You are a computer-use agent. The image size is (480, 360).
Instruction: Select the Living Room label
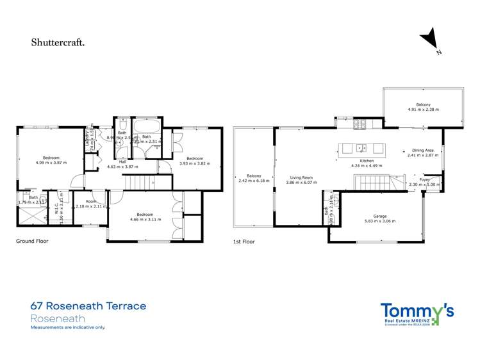pyautogui.click(x=301, y=177)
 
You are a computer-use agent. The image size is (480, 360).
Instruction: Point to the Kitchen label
pyautogui.click(x=366, y=161)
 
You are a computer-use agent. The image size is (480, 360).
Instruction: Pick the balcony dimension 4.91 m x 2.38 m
pyautogui.click(x=423, y=110)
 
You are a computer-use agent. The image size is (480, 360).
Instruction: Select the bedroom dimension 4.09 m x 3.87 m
pyautogui.click(x=51, y=163)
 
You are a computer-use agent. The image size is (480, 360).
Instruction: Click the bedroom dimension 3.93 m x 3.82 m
pyautogui.click(x=194, y=163)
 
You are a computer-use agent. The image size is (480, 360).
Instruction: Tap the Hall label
pyautogui.click(x=122, y=161)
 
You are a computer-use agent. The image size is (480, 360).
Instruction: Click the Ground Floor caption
pyautogui.click(x=32, y=241)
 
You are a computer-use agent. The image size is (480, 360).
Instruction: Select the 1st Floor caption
pyautogui.click(x=244, y=241)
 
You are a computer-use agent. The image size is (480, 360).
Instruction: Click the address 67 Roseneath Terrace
pyautogui.click(x=88, y=306)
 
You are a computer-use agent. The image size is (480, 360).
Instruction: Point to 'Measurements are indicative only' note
pyautogui.click(x=68, y=327)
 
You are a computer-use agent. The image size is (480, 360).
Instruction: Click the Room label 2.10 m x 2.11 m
pyautogui.click(x=90, y=204)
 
